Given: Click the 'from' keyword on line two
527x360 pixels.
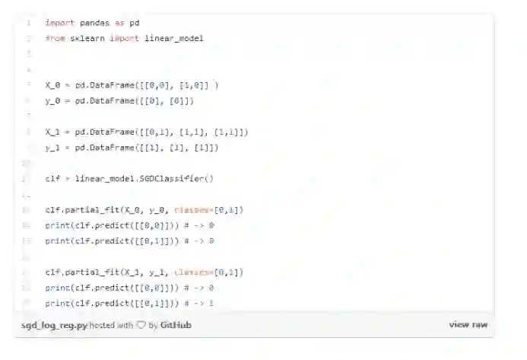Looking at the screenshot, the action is tap(55, 37).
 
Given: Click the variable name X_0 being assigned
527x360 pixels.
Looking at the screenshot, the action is tap(52, 85).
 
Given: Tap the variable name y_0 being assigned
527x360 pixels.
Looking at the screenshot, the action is tap(52, 100).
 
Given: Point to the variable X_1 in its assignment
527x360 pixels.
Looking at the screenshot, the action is tap(52, 132).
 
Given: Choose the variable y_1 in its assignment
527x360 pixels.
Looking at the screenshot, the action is tap(52, 147).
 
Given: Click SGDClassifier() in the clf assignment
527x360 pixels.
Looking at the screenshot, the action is tap(176, 179).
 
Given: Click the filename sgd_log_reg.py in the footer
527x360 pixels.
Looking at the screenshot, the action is tap(54, 325).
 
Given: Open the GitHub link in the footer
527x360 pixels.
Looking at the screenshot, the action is tap(176, 325).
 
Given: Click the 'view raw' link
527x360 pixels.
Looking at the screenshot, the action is tap(468, 324).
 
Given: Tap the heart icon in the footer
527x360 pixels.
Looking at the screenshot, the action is tap(141, 325).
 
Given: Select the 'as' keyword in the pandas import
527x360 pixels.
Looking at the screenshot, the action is tap(119, 23).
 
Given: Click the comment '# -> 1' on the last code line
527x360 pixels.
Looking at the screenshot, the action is tap(201, 303).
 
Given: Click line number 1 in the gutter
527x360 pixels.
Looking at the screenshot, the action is tap(28, 23).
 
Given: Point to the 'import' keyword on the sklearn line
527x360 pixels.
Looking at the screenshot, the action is tap(124, 37).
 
